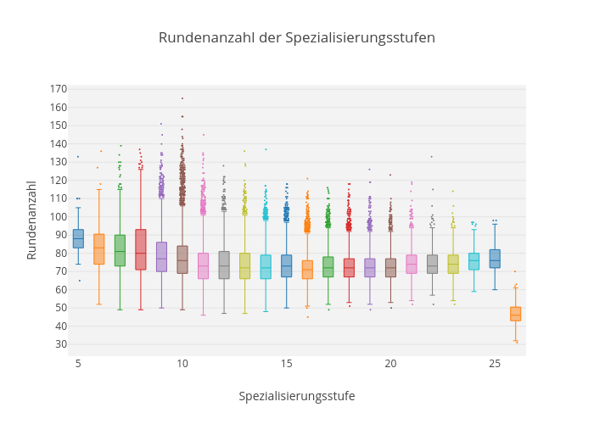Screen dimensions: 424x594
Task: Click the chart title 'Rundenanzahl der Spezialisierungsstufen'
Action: (296, 37)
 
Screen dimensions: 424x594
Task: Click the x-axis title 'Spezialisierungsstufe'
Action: (296, 396)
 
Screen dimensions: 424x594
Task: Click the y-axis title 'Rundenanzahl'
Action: (31, 220)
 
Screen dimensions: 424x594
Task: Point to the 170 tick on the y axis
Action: (58, 89)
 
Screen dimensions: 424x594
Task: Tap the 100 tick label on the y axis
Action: (58, 216)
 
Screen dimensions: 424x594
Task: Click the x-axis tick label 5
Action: (78, 364)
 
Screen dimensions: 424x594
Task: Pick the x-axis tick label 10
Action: (182, 364)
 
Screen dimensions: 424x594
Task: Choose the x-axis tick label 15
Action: (287, 364)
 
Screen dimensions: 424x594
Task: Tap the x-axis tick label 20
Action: (390, 364)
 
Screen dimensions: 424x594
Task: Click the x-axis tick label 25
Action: (495, 364)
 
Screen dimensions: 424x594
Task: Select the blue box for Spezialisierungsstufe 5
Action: (78, 238)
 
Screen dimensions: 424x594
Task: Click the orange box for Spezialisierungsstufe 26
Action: (515, 314)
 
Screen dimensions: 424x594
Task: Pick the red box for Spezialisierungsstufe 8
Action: (141, 249)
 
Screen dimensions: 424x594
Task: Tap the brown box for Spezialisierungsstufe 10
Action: (182, 259)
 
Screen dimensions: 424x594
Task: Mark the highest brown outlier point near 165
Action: (182, 98)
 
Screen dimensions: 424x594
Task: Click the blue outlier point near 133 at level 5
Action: (78, 156)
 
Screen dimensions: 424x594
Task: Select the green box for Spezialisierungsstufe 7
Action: (120, 250)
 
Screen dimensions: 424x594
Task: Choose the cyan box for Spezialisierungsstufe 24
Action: (474, 261)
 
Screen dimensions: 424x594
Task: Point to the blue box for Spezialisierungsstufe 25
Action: (495, 259)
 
